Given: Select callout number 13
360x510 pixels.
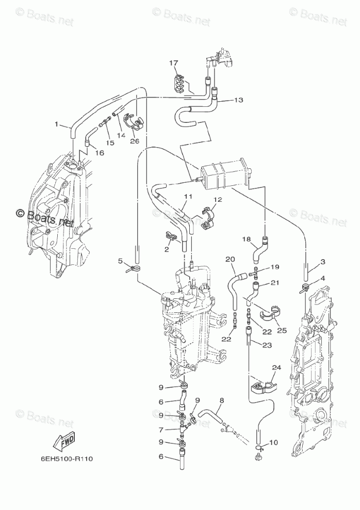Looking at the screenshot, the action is [x=238, y=100].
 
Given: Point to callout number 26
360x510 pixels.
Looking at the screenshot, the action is [x=135, y=141].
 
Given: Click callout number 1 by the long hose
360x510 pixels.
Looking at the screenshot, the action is [x=57, y=124].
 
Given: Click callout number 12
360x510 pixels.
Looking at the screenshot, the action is [x=217, y=199].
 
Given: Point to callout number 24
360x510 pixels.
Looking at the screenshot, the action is [x=276, y=368].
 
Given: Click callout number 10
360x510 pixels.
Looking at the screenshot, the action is [x=273, y=442].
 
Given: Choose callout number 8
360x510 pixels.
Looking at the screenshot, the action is [x=222, y=401].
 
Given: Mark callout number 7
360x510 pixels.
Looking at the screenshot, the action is [x=160, y=429].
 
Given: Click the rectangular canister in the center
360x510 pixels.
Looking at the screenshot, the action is [x=222, y=176].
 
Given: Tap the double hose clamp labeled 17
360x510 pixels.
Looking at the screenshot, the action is [x=178, y=85].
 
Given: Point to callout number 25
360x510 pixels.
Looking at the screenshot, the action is [x=282, y=331].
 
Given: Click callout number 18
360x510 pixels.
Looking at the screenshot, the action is [x=247, y=239].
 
